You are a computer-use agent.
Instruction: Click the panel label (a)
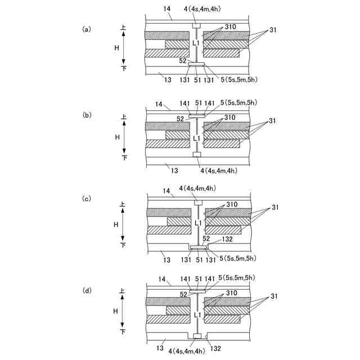pos(86,29)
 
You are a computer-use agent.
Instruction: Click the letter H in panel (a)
pos(117,48)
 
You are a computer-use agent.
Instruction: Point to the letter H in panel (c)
pos(117,223)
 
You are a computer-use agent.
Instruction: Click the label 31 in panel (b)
pos(273,120)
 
